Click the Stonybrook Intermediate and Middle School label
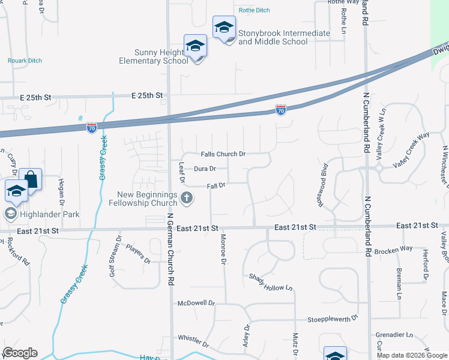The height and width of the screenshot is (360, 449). tap(284, 37)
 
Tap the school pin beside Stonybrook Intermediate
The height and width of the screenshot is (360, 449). tap(224, 28)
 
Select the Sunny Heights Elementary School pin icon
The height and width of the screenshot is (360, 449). tap(196, 47)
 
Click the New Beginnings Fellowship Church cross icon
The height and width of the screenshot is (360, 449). tap(187, 197)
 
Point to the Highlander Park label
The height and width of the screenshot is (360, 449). tap(50, 214)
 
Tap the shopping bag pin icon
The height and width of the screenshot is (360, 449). tap(30, 179)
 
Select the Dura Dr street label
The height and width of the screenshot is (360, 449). tap(205, 169)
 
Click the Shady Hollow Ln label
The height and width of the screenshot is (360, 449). tap(271, 281)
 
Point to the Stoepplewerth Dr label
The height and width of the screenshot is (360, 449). tap(333, 319)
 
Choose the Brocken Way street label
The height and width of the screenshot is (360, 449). tap(393, 249)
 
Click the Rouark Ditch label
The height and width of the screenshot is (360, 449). tap(25, 61)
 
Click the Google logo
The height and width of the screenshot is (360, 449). tap(20, 353)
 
